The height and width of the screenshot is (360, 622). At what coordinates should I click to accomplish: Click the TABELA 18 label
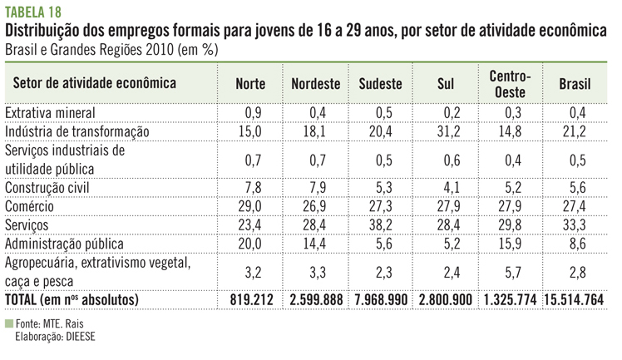(33, 11)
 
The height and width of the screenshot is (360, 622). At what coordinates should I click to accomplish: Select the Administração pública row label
(64, 244)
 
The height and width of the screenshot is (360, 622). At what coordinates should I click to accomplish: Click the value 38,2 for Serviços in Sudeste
(379, 224)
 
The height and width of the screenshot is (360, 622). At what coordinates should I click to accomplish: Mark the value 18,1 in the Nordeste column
(316, 131)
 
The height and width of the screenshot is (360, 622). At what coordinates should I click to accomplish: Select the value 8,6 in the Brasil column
(575, 244)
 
